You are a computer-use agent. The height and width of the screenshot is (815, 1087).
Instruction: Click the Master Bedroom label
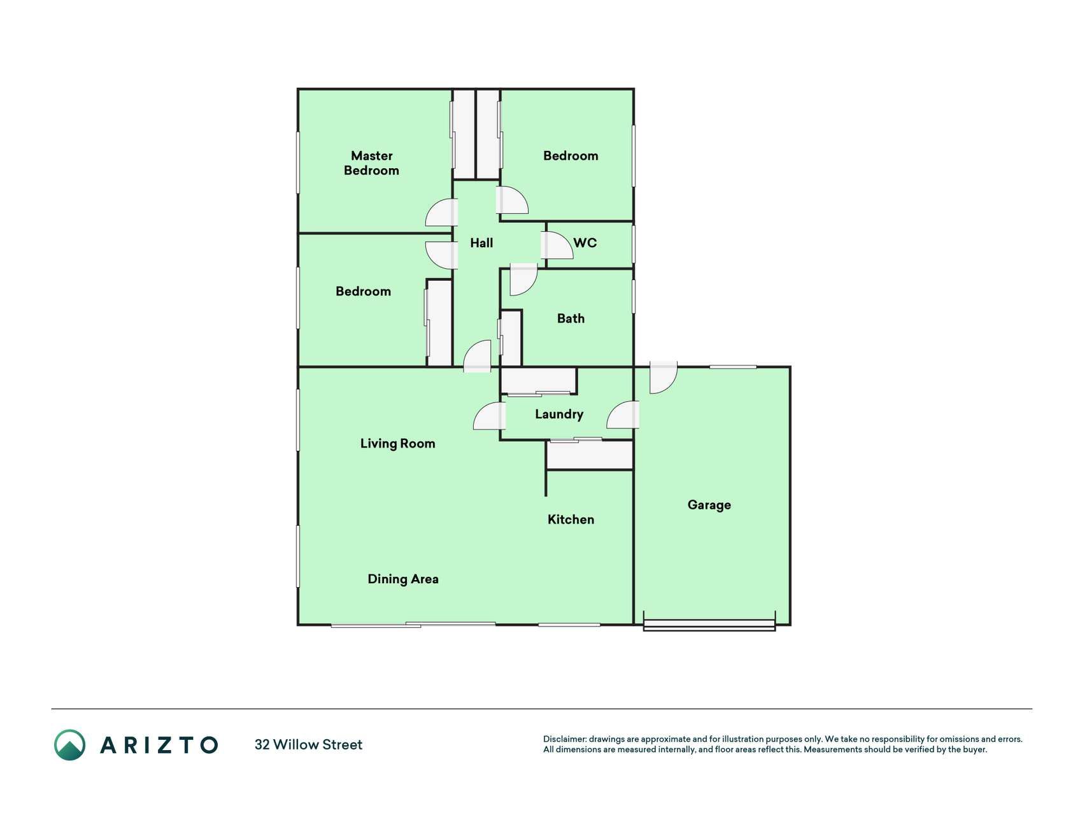click(x=371, y=163)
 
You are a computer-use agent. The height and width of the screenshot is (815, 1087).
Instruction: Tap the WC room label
click(x=585, y=243)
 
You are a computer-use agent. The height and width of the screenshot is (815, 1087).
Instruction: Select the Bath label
click(x=571, y=318)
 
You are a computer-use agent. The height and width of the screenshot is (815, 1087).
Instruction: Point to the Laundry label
click(x=559, y=415)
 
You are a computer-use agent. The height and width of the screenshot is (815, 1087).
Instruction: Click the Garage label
click(x=709, y=505)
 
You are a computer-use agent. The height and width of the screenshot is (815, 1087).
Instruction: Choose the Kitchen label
click(x=571, y=520)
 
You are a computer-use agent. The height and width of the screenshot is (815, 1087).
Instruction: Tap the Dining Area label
click(x=403, y=579)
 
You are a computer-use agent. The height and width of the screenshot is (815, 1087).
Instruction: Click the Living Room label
click(x=397, y=444)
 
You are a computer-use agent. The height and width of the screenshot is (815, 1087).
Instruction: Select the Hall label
click(x=481, y=243)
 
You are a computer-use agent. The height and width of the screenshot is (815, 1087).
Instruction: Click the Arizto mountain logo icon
click(x=69, y=745)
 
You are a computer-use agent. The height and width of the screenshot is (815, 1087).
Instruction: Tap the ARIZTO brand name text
click(x=159, y=745)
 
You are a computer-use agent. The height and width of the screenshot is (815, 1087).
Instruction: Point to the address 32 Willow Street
click(x=308, y=745)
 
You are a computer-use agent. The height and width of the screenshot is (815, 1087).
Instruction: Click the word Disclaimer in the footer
click(x=564, y=739)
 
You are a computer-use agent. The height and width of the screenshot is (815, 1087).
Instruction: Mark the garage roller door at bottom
click(x=709, y=624)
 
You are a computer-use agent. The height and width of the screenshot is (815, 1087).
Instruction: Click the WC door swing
click(x=557, y=245)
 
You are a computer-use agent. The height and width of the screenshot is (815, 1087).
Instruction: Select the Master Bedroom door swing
click(x=442, y=213)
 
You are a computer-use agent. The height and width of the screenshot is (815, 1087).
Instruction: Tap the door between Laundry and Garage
click(x=623, y=415)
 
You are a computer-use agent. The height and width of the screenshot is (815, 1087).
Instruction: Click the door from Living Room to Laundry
click(x=490, y=416)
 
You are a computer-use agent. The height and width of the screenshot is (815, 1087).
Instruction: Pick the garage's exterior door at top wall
click(x=663, y=377)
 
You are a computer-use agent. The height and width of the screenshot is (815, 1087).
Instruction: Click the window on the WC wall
click(x=634, y=245)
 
